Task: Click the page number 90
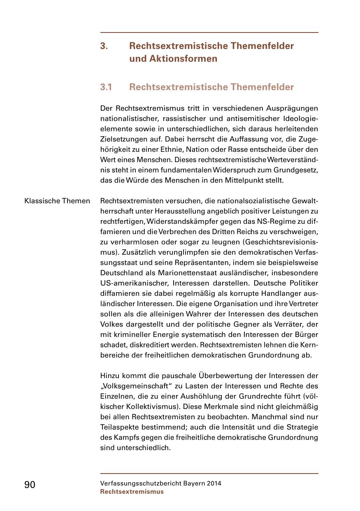pyautogui.click(x=30, y=485)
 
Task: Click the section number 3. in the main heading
pyautogui.click(x=104, y=46)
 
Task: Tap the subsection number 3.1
pyautogui.click(x=106, y=87)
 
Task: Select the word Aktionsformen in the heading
pyautogui.click(x=173, y=59)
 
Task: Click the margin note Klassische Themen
pyautogui.click(x=57, y=201)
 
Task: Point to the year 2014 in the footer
pyautogui.click(x=214, y=483)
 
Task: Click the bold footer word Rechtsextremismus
pyautogui.click(x=132, y=492)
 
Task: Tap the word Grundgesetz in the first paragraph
pyautogui.click(x=296, y=170)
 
